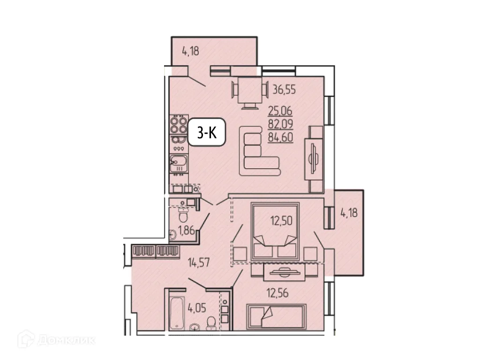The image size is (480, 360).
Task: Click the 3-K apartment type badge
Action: [x=206, y=133]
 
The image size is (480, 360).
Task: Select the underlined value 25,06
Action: [x=280, y=111]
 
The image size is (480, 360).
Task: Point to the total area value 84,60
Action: [x=280, y=138]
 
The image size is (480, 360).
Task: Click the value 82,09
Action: [x=280, y=125]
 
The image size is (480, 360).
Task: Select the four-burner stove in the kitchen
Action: [x=178, y=125]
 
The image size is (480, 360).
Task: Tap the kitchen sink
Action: [x=178, y=164]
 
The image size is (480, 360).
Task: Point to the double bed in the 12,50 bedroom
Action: [x=276, y=231]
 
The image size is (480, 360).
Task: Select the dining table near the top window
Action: [x=247, y=90]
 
